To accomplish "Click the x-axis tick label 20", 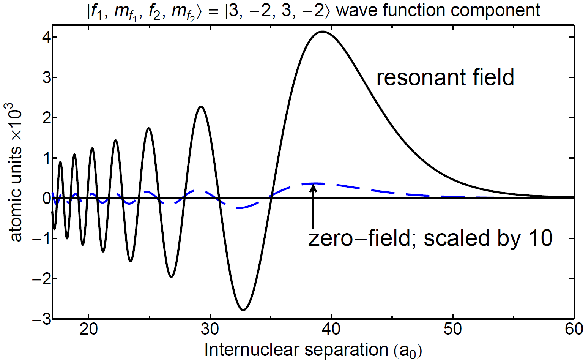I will click(88, 329).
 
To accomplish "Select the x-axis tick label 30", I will click(210, 329).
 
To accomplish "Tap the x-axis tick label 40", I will click(331, 329).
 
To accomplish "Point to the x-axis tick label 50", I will click(452, 329).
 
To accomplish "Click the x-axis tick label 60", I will click(574, 329).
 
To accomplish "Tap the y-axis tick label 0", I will click(47, 198).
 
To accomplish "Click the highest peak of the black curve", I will click(323, 32).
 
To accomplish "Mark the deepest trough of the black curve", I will click(243, 310).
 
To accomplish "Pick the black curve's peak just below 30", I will click(201, 107).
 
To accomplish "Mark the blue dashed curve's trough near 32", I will click(239, 208).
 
